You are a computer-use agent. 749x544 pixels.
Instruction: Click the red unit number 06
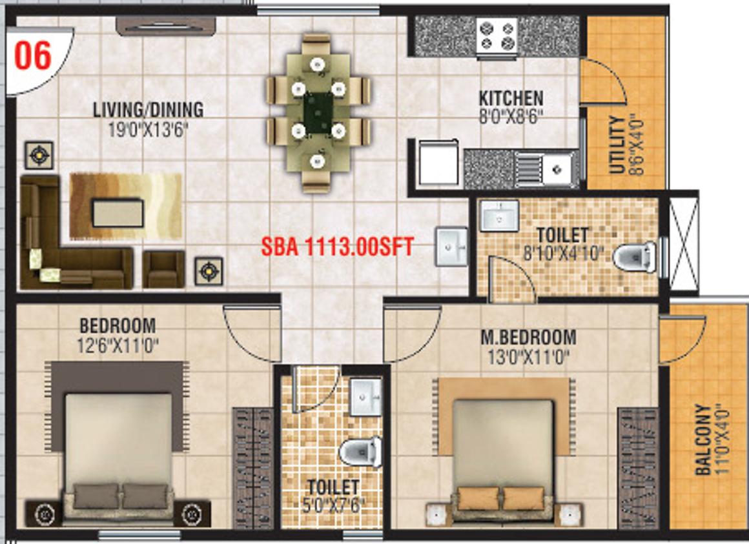[32, 56]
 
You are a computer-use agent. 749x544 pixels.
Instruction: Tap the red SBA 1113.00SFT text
[337, 247]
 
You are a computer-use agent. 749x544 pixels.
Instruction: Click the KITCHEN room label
[511, 98]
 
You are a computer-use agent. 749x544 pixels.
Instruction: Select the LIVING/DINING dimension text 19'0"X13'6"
[148, 130]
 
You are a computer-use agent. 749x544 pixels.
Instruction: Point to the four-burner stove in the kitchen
[497, 35]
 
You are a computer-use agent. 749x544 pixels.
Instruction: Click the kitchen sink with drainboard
[544, 168]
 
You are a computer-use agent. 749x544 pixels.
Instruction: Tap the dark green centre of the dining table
[318, 113]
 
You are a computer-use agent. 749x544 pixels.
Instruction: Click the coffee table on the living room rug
[118, 213]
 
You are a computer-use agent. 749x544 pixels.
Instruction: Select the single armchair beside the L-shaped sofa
[163, 269]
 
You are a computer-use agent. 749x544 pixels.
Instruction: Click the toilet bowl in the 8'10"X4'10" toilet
[634, 257]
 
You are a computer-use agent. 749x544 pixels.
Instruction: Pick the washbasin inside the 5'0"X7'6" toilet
[366, 397]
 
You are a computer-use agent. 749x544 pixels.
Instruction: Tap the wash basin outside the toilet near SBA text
[451, 247]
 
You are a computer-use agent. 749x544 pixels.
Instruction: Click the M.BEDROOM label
[528, 337]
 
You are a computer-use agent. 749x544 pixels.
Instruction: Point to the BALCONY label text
[703, 439]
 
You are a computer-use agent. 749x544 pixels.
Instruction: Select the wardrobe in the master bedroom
[638, 468]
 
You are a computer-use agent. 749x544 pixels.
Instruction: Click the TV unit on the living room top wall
[166, 26]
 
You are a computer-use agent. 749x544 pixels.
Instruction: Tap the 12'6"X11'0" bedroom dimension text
[118, 345]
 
